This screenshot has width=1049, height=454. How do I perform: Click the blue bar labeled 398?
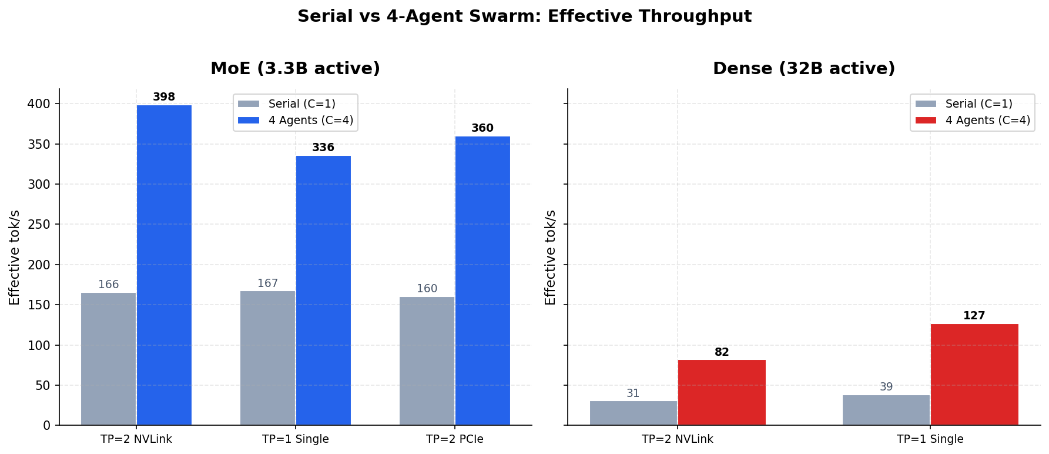point(164,265)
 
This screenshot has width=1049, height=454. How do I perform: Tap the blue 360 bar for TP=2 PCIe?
point(482,281)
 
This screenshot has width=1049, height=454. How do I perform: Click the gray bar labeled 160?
point(427,360)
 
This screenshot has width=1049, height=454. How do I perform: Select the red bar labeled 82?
point(722,392)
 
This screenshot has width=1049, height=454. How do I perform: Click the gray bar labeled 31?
point(633,413)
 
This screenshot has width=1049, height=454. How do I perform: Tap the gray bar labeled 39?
point(886,410)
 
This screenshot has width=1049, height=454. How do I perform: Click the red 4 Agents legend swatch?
point(926,121)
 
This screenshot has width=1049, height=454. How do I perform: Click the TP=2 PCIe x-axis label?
point(454,439)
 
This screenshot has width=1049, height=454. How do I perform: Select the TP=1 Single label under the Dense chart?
point(930,439)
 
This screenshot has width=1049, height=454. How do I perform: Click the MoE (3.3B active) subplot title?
point(295,69)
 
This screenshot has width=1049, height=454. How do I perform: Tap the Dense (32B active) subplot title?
point(803,69)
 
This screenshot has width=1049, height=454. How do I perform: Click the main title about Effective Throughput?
point(524,16)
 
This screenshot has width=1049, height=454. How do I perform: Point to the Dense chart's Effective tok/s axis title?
point(551,257)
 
